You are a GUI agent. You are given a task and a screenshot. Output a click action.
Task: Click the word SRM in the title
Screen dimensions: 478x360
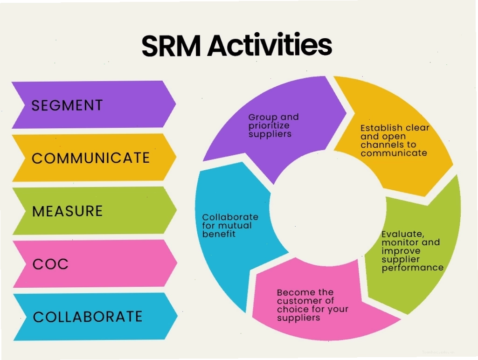coord(171,46)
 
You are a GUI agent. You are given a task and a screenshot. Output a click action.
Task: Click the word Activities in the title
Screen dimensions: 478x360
coord(270,45)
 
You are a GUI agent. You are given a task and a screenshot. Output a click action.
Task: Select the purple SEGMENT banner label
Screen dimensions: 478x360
coord(67,105)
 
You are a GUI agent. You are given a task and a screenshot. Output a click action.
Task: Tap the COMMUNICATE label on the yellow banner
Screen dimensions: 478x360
coord(90,158)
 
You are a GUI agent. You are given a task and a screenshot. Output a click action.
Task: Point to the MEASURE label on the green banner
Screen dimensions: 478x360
coord(67,211)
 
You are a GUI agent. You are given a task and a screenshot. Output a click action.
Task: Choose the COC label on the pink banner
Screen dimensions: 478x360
coord(51,264)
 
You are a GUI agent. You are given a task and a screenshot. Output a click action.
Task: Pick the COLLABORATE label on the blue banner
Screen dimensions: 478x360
coord(88,317)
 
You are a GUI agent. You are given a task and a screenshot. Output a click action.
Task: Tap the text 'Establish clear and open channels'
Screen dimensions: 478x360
coord(395,136)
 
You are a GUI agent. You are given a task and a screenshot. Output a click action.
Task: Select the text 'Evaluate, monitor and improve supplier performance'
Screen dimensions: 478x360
coord(412,250)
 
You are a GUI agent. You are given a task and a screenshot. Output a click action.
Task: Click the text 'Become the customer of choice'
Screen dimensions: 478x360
coord(312,301)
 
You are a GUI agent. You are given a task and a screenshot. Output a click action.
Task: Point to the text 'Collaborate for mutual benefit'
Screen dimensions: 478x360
coord(230,226)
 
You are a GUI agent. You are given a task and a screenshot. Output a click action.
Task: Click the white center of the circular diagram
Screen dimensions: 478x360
coord(328,208)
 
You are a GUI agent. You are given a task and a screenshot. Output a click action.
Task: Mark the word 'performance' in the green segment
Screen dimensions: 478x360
coord(412,268)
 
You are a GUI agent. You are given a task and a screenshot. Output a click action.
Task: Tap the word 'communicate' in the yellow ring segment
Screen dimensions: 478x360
coord(394,152)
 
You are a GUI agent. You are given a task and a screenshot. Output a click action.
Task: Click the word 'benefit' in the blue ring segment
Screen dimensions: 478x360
coord(219,234)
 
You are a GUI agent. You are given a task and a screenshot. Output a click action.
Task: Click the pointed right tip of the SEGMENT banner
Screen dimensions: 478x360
coord(176,104)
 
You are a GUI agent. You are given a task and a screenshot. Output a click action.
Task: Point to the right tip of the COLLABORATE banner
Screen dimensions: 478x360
coord(177,316)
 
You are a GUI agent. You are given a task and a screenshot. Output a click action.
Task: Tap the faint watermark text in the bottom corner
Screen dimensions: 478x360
coord(438,352)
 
